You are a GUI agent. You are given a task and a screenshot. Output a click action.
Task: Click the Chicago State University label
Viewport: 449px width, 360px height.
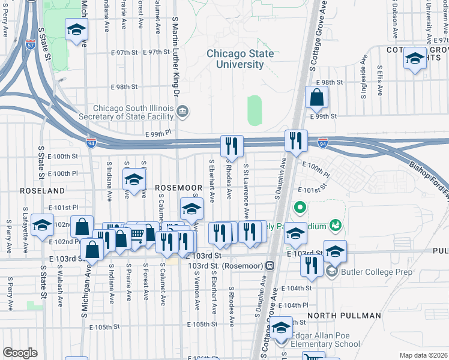tap(240, 59)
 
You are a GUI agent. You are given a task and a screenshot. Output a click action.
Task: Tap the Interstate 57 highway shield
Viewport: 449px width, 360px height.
tap(30, 45)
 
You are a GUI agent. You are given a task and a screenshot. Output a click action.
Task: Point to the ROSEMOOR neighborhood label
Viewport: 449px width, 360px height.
tap(177, 188)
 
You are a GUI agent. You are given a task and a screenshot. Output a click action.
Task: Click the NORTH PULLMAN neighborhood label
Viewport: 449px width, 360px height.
tap(344, 316)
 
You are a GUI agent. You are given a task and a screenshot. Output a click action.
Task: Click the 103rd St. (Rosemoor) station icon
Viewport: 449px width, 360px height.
tap(270, 265)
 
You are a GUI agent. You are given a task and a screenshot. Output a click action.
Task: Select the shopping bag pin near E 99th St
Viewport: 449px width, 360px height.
tap(316, 97)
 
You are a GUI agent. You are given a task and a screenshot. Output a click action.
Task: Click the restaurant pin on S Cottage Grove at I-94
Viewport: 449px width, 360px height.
tap(295, 141)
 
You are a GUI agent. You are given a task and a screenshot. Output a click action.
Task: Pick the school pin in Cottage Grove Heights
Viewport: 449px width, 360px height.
tap(415, 58)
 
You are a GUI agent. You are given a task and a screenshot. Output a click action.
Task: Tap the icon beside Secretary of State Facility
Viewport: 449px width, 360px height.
tap(182, 111)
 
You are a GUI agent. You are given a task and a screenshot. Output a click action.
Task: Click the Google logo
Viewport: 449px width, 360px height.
tap(20, 353)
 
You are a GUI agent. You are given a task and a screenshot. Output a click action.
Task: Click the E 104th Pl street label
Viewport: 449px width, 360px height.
tap(296, 305)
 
